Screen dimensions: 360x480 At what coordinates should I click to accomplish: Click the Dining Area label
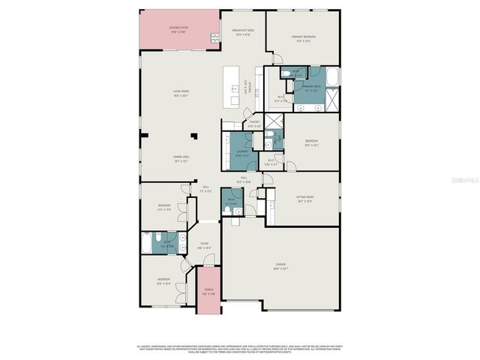[181, 159]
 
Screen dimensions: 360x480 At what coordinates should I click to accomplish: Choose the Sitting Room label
[305, 199]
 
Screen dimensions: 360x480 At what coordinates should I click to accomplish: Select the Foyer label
[205, 246]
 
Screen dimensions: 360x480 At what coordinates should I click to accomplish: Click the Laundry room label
[242, 153]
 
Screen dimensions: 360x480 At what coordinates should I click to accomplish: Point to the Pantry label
[254, 124]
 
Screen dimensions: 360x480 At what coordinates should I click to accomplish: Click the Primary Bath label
[312, 88]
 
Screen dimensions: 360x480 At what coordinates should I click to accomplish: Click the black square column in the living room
[194, 137]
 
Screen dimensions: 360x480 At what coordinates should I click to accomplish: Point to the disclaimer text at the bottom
[240, 349]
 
